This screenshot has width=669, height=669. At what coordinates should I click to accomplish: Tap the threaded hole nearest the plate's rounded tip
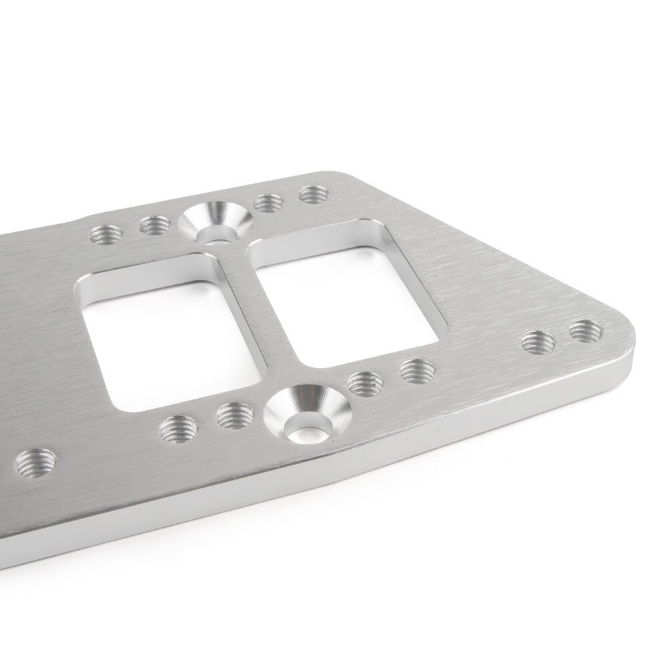coord(586,330)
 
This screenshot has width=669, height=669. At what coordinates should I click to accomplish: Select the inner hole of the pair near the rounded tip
coord(538,341)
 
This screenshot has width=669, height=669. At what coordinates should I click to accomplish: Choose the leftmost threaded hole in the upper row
coord(106,235)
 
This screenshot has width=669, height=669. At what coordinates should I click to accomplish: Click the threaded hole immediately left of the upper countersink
coord(153,227)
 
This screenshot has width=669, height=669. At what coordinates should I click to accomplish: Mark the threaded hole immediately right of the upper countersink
coord(267,201)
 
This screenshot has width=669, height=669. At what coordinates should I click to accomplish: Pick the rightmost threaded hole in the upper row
coord(311,195)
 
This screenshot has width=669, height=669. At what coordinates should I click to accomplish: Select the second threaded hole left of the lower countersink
coord(178,426)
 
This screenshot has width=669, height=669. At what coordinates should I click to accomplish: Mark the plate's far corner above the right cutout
coord(348,176)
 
